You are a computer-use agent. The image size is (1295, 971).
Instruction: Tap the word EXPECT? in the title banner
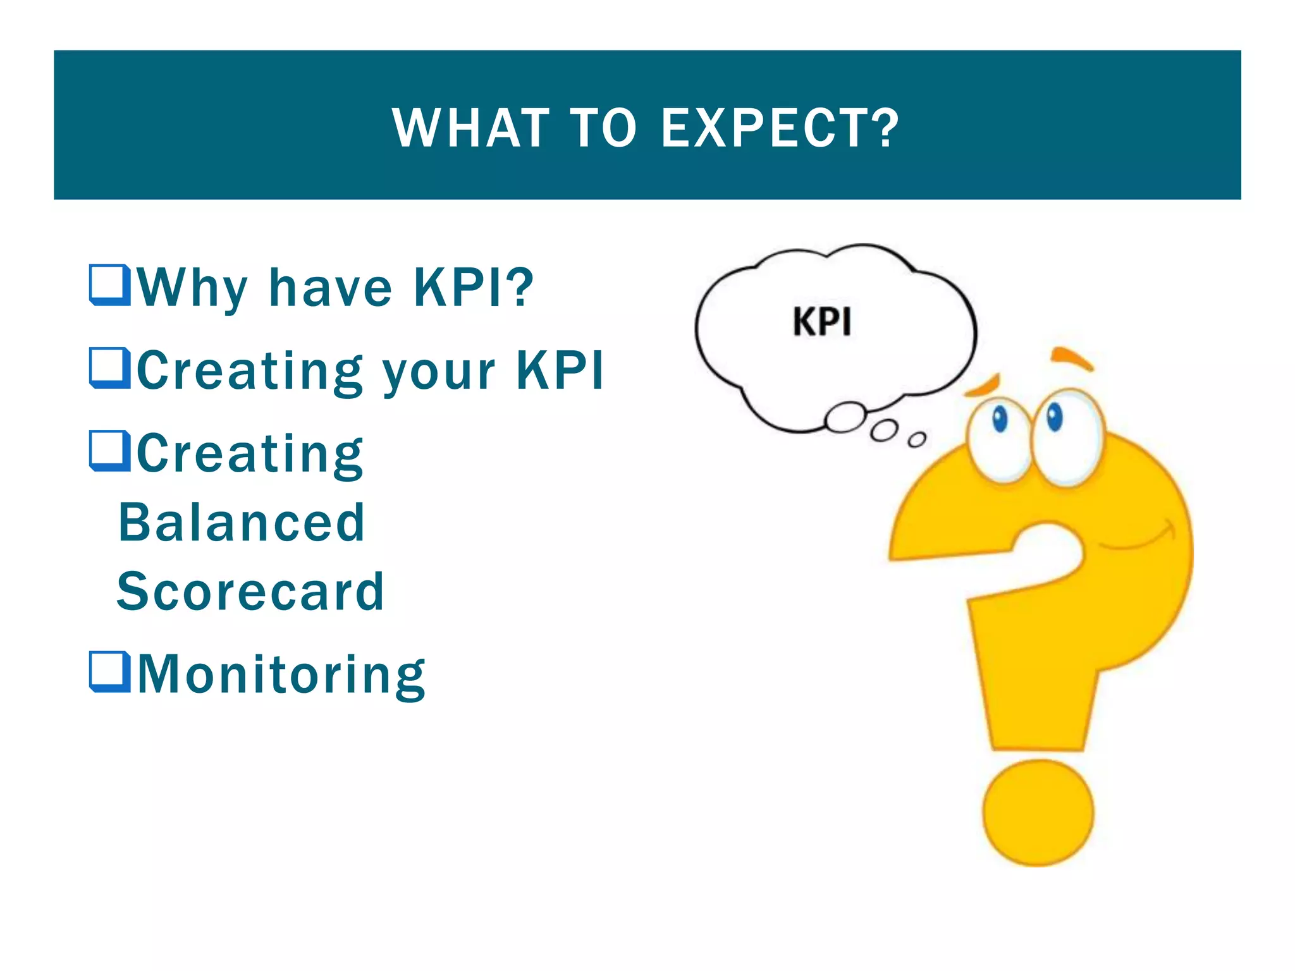point(779,128)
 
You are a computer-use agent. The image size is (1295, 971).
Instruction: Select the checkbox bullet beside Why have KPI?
point(110,286)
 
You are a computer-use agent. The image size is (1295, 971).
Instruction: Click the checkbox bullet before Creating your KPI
point(110,369)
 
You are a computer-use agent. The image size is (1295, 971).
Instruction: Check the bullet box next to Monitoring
point(110,672)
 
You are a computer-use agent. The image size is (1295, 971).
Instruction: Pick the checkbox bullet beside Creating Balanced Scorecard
point(110,451)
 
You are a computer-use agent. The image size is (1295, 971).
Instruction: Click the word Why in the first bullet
point(192,288)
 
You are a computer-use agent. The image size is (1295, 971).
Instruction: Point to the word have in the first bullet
point(331,288)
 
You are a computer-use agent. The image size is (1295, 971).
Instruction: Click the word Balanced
point(242,523)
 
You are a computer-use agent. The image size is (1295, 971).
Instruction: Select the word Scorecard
point(250,592)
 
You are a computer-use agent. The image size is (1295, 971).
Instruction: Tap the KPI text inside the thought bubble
point(822,322)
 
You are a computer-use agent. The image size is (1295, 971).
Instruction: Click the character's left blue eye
point(1000,418)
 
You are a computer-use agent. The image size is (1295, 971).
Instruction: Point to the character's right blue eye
point(1054,417)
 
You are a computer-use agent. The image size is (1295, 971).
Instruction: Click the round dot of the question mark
point(1038,813)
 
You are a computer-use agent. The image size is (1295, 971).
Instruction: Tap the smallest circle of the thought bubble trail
point(917,439)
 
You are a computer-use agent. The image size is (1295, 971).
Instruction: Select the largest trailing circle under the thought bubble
point(845,417)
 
